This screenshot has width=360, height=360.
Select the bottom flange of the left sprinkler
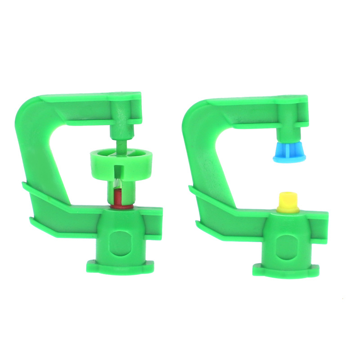coord(120,266)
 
